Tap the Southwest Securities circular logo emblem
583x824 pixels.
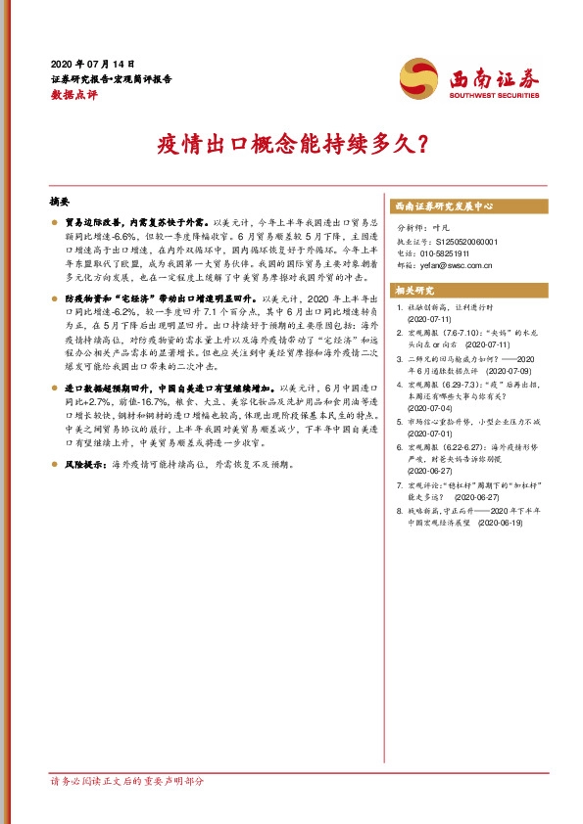click(418, 77)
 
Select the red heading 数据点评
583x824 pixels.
click(73, 95)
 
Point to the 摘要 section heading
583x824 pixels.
click(60, 202)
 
